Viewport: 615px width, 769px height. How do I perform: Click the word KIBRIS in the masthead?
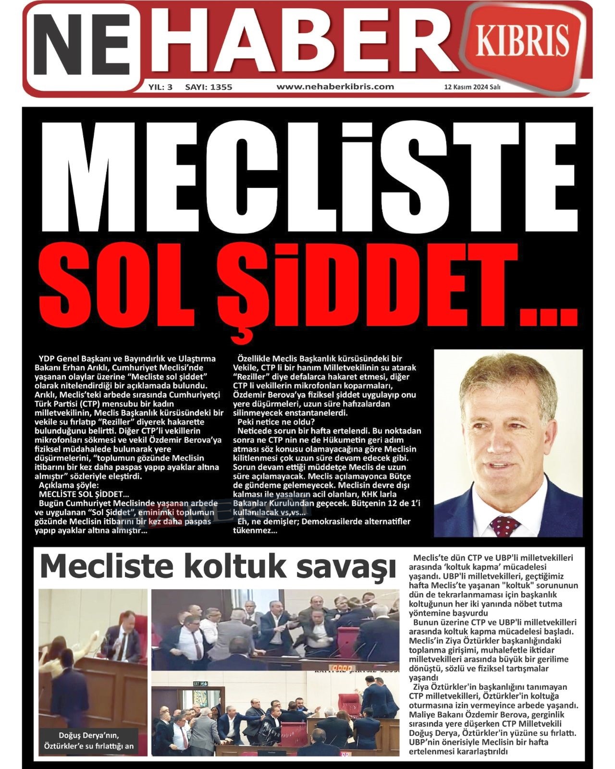click(x=523, y=41)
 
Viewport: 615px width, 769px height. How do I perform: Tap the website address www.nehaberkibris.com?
click(x=335, y=87)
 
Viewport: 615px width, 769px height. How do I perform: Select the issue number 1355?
click(x=221, y=87)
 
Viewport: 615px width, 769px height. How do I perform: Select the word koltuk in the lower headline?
click(x=234, y=566)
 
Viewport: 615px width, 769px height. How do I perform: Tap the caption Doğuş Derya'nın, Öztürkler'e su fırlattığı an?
click(x=89, y=740)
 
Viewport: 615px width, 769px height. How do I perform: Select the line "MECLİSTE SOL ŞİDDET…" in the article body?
click(x=84, y=494)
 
